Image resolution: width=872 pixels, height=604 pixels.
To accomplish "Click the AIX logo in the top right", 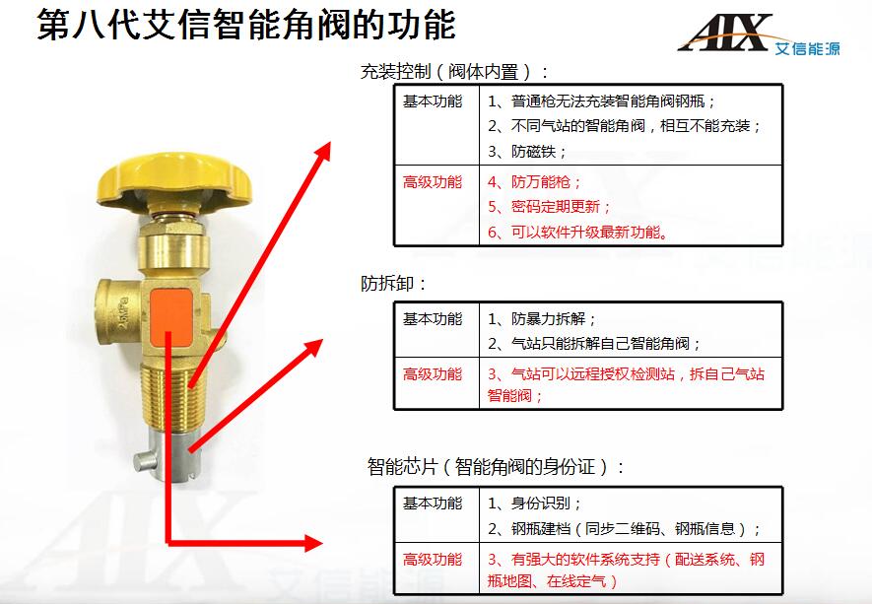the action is click(759, 34).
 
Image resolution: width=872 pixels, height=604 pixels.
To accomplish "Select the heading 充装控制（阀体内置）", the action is click(454, 72).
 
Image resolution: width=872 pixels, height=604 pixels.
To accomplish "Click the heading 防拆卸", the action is click(392, 284).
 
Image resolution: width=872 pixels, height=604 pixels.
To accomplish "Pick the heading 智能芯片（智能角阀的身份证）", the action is click(496, 466).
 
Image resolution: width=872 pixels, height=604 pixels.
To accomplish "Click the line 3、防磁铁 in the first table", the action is click(526, 152).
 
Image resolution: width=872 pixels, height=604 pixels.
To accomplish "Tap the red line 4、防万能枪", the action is click(534, 182).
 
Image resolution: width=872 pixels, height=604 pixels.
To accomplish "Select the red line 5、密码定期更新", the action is click(549, 207).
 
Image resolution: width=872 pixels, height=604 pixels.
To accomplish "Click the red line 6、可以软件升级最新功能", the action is click(577, 232).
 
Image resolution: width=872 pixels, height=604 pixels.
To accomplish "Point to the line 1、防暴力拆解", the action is click(542, 318).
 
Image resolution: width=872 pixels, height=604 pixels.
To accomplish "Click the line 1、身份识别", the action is click(534, 503).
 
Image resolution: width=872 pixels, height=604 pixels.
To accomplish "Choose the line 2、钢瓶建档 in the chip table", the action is click(624, 528).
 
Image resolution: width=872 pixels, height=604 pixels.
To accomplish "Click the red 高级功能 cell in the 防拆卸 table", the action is click(433, 373).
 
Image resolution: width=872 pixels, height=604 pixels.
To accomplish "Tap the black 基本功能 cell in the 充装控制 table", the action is click(433, 101).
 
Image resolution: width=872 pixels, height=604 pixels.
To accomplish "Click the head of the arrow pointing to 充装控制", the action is click(321, 150).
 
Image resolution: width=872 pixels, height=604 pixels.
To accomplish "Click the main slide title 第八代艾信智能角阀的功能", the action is click(245, 24).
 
